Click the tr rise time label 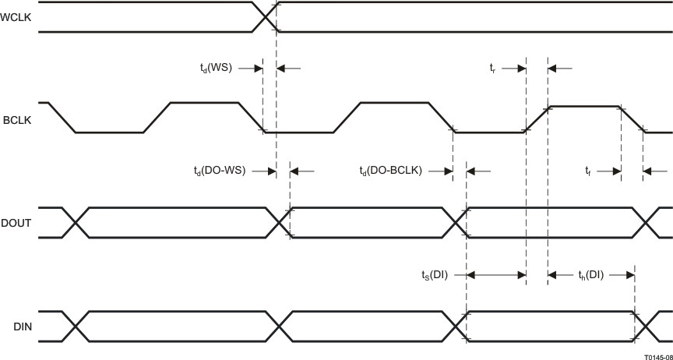492,68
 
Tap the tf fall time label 589,171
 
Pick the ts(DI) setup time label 434,274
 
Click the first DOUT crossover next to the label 76,223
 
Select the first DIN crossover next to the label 76,326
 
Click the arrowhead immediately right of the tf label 615,171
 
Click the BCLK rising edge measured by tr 537,119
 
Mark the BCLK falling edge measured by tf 632,119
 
